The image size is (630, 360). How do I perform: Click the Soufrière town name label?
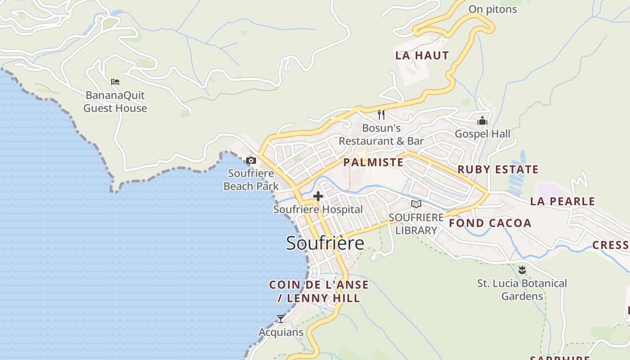tap(325, 243)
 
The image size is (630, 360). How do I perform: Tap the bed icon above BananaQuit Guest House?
tap(115, 82)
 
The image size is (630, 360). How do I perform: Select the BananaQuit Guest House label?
tap(115, 102)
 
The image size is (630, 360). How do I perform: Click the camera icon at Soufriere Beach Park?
tap(251, 160)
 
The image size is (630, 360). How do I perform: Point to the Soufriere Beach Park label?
tap(251, 180)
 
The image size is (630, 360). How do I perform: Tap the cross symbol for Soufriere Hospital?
tap(318, 196)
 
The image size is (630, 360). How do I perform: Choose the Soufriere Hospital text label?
tap(318, 210)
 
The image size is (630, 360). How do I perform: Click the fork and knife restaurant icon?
tap(381, 115)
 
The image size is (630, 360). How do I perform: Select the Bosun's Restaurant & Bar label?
tap(381, 135)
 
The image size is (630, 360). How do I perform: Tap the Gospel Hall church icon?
tap(482, 121)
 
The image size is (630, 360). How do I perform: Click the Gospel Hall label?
tap(482, 134)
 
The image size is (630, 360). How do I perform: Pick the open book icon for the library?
tap(416, 204)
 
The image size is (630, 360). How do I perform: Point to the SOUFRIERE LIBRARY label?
tap(416, 224)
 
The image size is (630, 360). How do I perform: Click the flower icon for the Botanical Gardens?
tap(522, 270)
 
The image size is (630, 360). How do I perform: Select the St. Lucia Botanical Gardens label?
tap(522, 290)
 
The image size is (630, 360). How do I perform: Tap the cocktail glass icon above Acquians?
tap(281, 319)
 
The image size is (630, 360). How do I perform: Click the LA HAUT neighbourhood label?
tap(422, 55)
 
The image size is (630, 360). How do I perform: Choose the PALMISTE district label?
tap(373, 162)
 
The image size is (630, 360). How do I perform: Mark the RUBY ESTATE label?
tap(498, 170)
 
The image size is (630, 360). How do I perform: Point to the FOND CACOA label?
tap(490, 223)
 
